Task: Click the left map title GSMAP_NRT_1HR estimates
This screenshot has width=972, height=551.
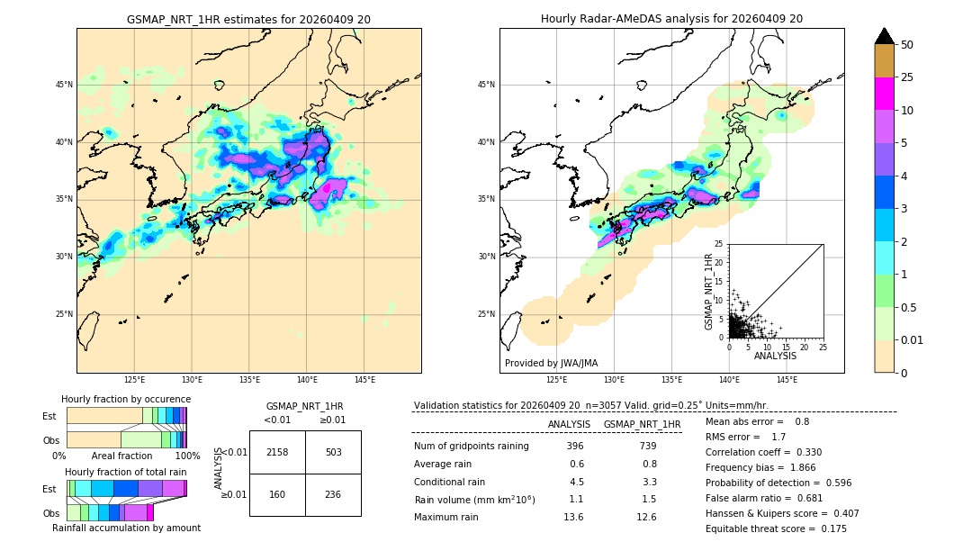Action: (x=248, y=19)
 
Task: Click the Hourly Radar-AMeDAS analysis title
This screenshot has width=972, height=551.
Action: (x=671, y=19)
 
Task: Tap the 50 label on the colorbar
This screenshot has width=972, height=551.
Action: (x=907, y=45)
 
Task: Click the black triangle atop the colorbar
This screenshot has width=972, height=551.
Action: (x=885, y=36)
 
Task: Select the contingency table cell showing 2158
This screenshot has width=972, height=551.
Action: (x=277, y=452)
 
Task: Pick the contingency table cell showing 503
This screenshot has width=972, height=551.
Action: (x=333, y=452)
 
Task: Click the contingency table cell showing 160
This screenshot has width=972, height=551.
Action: (x=277, y=493)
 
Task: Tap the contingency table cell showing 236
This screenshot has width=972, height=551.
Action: (x=333, y=493)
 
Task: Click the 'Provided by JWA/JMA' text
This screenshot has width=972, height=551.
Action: (x=551, y=363)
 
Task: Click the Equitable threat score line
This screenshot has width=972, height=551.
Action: (x=776, y=528)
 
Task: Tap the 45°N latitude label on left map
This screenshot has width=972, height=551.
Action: (x=64, y=85)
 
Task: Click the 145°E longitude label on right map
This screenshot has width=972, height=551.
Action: (x=787, y=380)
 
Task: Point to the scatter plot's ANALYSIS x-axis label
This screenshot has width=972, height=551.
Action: (x=775, y=356)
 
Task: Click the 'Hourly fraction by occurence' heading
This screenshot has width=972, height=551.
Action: (x=126, y=399)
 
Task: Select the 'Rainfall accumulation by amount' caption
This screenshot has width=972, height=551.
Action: (x=126, y=528)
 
